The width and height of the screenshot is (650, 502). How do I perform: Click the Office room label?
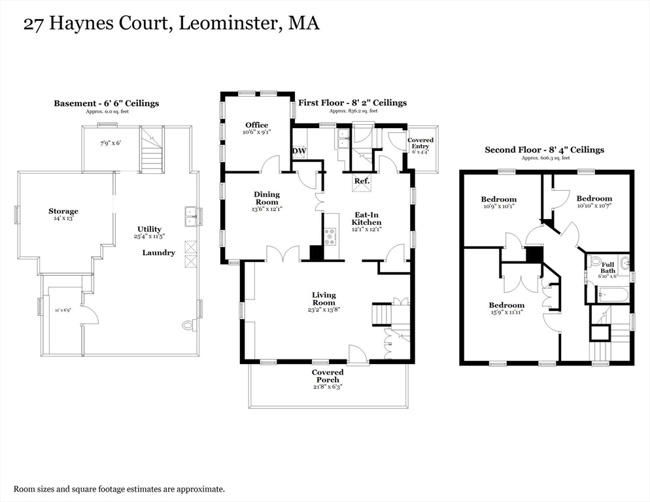tap(256, 125)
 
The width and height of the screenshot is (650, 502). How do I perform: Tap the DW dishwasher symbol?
tap(299, 151)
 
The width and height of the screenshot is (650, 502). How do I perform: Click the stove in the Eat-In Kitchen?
tap(331, 236)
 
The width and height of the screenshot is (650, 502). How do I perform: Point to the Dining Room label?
tap(267, 198)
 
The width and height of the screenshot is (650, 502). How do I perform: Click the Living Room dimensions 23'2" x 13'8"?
tap(324, 309)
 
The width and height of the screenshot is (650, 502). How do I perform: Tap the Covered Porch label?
tap(328, 376)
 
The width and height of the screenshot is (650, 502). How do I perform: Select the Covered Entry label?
tap(420, 143)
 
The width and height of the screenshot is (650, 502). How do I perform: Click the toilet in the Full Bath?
tap(595, 261)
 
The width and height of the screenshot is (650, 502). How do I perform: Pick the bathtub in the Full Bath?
tap(612, 295)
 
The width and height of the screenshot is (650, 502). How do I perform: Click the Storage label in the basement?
tap(63, 211)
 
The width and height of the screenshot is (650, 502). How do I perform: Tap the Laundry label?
tap(159, 252)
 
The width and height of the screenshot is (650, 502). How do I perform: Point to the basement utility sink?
tap(190, 216)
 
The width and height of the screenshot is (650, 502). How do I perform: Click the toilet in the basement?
tap(188, 326)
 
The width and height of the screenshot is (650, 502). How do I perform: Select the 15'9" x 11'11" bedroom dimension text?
tap(507, 312)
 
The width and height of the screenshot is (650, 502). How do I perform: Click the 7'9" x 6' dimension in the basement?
tap(111, 143)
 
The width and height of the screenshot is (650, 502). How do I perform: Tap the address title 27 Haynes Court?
tap(98, 24)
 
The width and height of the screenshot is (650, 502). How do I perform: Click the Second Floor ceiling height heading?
tap(544, 150)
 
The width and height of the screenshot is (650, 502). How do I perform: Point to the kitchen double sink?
tap(343, 139)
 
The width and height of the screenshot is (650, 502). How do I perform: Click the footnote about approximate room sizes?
tap(120, 489)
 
